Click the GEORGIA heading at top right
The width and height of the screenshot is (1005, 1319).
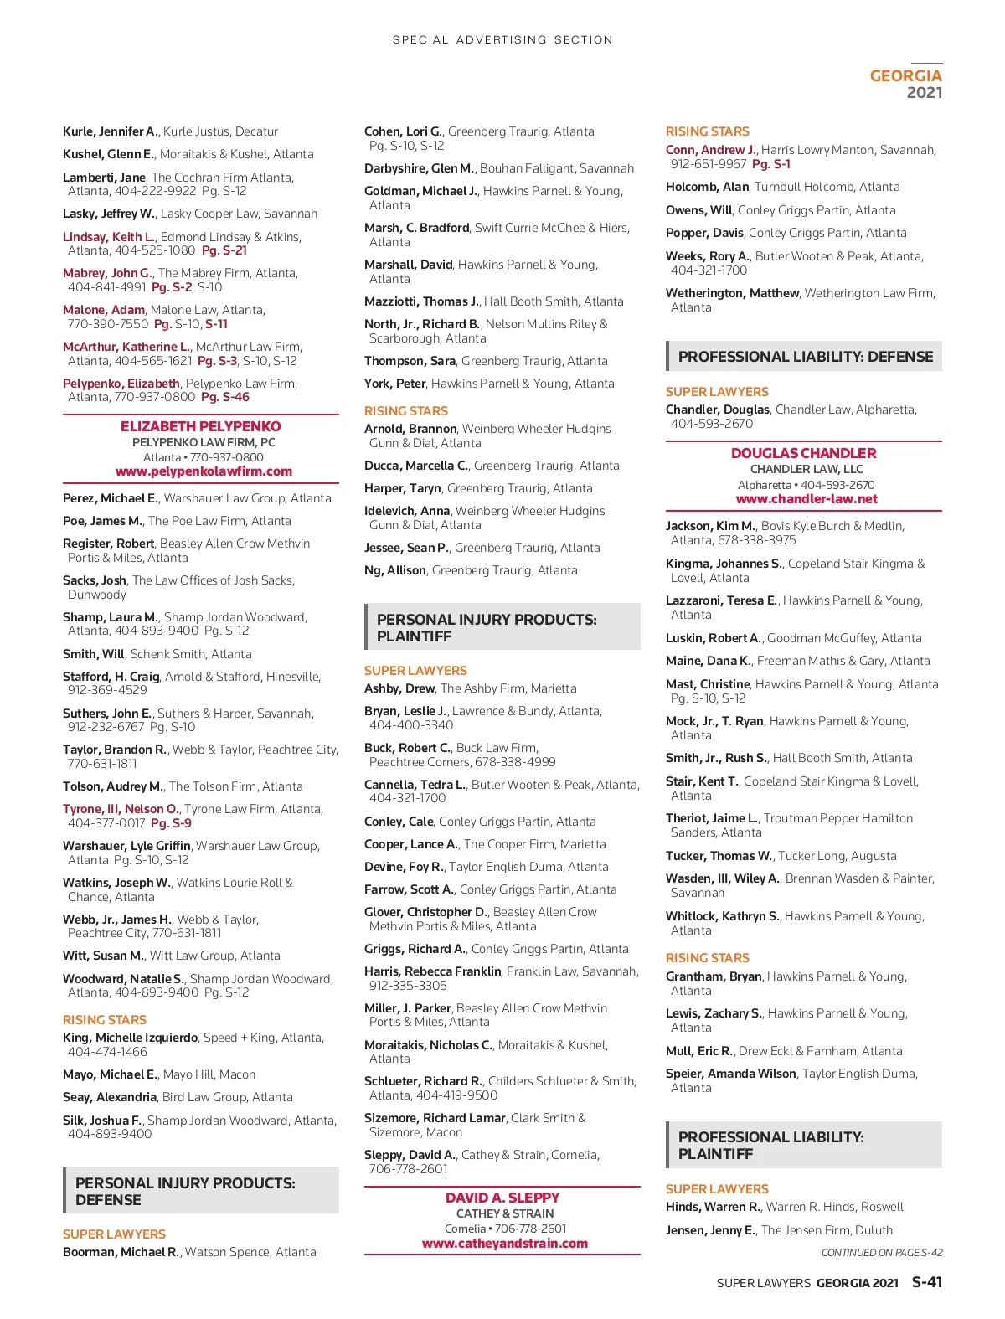pos(905,75)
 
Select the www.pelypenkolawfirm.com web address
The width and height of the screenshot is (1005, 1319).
pos(204,471)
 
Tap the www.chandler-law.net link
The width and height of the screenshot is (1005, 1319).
pos(807,499)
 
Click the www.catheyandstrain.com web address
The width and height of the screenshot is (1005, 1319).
pos(504,1244)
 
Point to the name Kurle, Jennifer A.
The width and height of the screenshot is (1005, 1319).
pos(110,131)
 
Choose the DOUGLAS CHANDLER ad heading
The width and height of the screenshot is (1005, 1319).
pos(803,453)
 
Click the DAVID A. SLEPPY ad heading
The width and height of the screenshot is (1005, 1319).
pos(502,1198)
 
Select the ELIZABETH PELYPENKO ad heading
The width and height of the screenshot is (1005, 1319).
pos(201,426)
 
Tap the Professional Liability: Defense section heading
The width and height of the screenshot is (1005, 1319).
pos(805,357)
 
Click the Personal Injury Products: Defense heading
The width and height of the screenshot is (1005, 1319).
pos(185,1191)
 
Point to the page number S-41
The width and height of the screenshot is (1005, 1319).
pos(926,1281)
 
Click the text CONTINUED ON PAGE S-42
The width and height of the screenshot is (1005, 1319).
pos(881,1253)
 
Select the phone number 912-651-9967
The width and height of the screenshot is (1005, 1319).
pos(709,164)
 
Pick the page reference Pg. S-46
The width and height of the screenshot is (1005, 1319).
pos(225,397)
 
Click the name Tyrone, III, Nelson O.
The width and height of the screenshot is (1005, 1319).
pos(121,809)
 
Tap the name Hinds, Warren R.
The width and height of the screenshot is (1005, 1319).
pos(713,1207)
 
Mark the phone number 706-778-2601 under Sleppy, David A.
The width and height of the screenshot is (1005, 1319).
pos(409,1169)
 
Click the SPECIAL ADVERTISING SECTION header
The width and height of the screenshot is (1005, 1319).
pos(502,39)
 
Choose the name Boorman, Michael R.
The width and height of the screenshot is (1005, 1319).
pos(121,1252)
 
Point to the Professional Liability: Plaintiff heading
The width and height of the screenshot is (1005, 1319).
pos(770,1145)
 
